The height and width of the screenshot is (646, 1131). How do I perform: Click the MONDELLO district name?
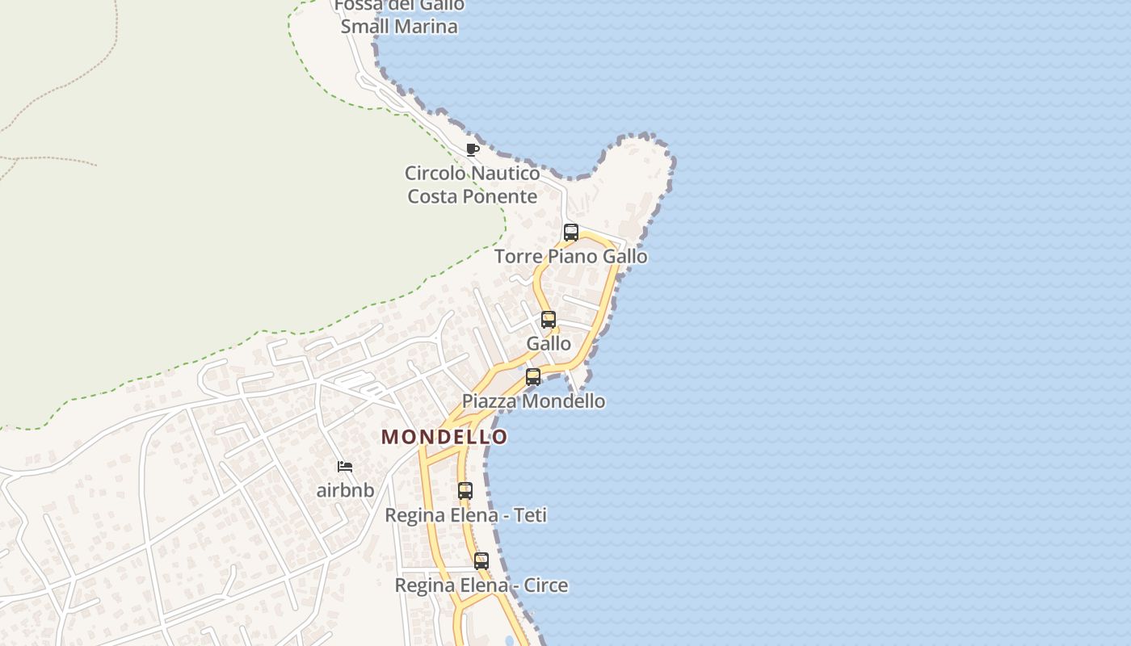click(x=444, y=437)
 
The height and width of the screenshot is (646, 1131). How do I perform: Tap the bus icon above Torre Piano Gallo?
click(x=571, y=233)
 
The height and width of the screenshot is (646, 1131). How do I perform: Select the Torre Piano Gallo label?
click(x=570, y=257)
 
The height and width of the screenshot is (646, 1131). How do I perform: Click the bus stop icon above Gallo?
click(x=549, y=320)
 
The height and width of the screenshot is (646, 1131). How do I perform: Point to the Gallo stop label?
click(x=549, y=344)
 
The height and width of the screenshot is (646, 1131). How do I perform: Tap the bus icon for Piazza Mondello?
click(x=533, y=377)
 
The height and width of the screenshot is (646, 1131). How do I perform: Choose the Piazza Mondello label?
click(x=533, y=401)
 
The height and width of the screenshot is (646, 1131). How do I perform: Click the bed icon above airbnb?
click(x=345, y=467)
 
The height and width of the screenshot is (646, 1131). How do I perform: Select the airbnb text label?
click(x=345, y=490)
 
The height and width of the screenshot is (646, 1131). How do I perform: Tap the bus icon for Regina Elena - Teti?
click(x=465, y=491)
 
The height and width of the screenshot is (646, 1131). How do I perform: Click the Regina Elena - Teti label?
click(x=465, y=515)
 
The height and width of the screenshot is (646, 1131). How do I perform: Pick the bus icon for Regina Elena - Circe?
click(x=481, y=561)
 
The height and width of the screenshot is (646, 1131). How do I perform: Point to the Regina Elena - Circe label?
click(x=481, y=585)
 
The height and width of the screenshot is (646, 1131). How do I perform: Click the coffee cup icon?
click(x=473, y=149)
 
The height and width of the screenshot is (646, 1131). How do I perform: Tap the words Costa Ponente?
click(x=473, y=196)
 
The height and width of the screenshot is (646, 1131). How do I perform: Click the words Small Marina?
click(x=399, y=26)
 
